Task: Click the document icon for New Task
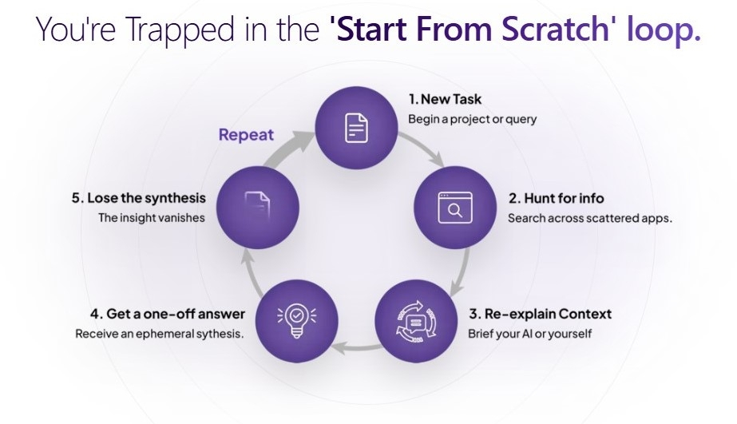click(356, 128)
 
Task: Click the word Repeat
click(246, 134)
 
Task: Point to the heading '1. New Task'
click(445, 100)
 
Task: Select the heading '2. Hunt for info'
click(556, 198)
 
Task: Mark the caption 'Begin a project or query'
click(473, 120)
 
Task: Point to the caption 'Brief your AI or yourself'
click(529, 334)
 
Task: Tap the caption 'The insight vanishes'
click(151, 217)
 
